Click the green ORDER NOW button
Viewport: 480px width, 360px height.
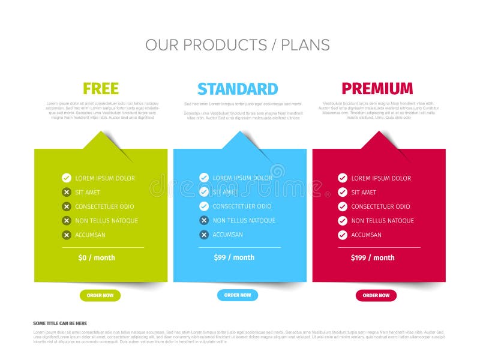(100, 295)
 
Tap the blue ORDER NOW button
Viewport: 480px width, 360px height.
(238, 295)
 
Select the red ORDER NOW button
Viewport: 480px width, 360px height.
(376, 295)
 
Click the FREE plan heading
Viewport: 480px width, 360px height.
(101, 89)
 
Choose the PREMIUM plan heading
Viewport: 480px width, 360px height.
(377, 89)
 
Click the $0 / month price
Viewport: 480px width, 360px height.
(97, 258)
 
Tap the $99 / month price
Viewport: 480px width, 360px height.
(234, 257)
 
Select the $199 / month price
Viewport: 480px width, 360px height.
(373, 258)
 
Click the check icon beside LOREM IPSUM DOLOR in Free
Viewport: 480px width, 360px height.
(67, 178)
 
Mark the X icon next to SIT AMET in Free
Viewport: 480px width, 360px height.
(67, 193)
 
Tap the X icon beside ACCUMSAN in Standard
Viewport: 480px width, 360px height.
(204, 235)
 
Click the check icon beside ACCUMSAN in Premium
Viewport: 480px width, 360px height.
(343, 235)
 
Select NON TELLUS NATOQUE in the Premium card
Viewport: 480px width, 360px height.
(382, 221)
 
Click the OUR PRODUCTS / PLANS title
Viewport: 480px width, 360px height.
(238, 45)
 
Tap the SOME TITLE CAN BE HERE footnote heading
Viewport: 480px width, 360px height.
(60, 323)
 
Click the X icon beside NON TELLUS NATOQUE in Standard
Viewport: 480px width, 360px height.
(204, 220)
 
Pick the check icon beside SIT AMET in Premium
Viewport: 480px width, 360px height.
(343, 193)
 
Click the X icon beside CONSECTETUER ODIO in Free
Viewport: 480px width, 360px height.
(67, 206)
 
